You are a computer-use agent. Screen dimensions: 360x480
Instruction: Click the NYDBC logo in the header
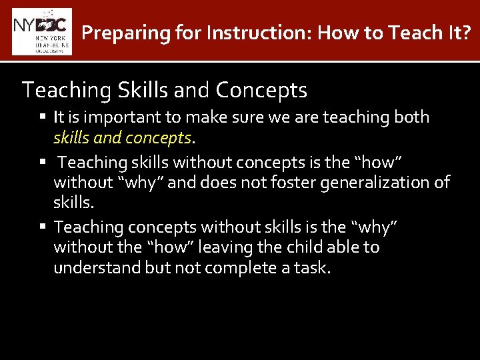tap(41, 31)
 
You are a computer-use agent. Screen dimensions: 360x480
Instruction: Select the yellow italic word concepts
tap(160, 138)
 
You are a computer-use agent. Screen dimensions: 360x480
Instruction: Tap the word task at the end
tap(313, 268)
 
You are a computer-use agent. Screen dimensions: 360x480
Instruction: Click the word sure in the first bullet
tap(231, 117)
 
